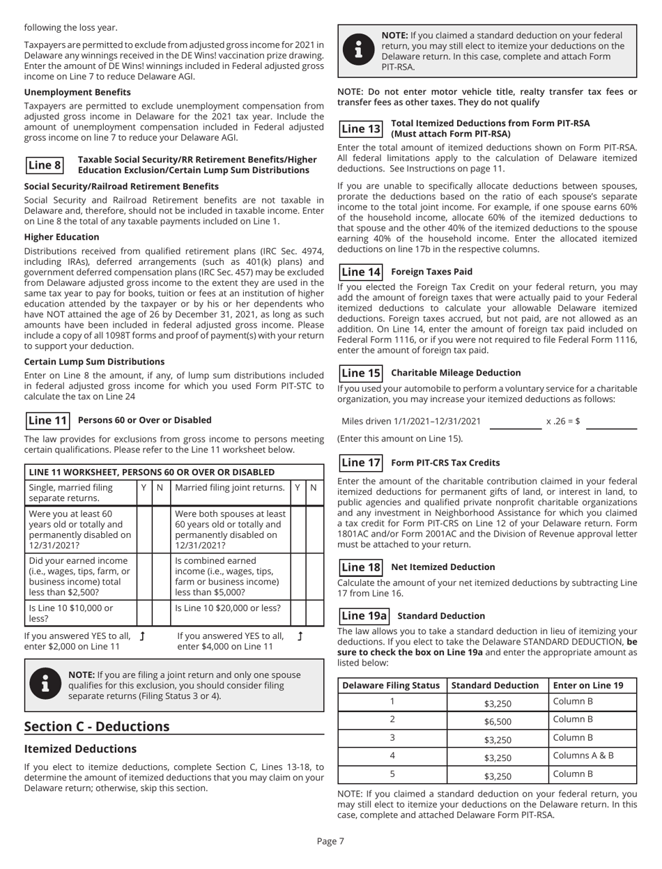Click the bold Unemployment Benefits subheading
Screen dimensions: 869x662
(x=68, y=92)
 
